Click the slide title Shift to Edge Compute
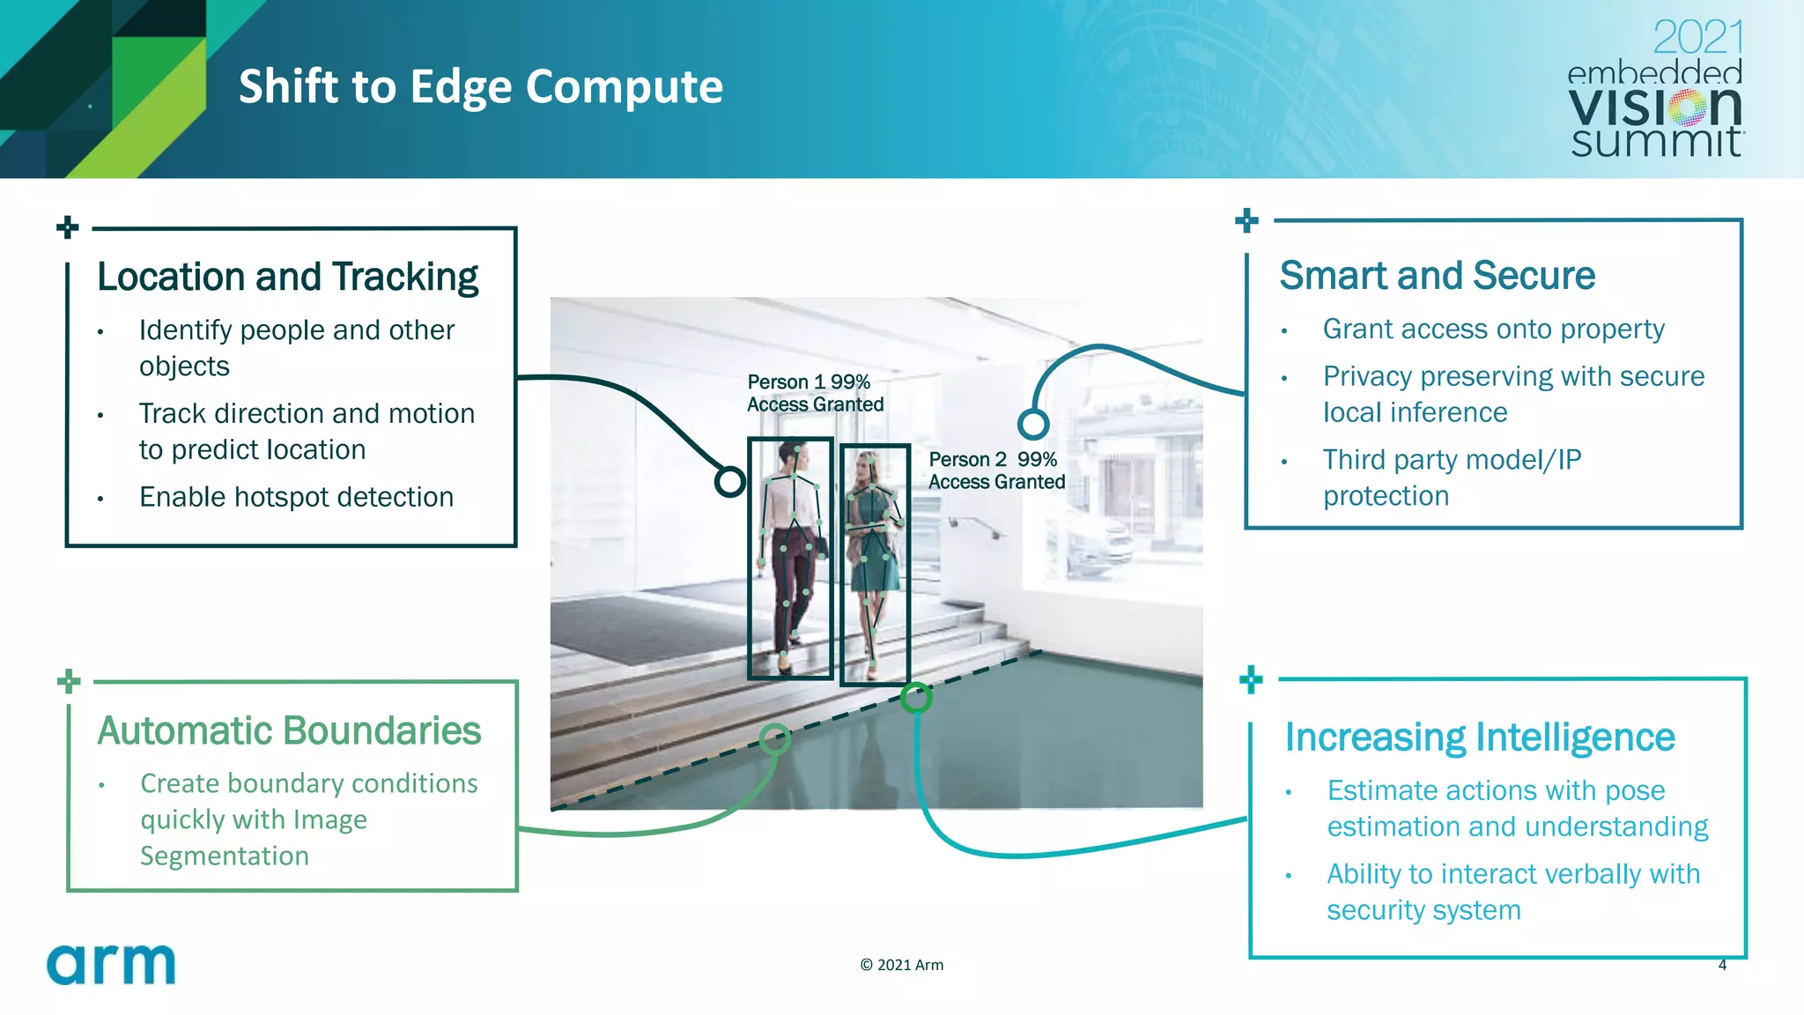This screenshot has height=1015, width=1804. [x=480, y=86]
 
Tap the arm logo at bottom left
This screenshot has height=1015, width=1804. [x=111, y=965]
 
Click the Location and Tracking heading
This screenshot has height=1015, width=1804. [x=287, y=277]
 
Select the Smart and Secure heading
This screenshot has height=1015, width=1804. [x=1437, y=276]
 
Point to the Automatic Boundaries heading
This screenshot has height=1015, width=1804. [x=289, y=730]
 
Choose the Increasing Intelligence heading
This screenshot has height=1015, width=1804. [x=1479, y=737]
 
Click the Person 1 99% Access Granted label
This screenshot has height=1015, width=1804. [x=815, y=393]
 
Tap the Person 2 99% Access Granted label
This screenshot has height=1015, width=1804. [x=996, y=470]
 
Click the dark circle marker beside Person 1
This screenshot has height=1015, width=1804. [x=729, y=481]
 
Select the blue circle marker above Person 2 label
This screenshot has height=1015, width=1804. [x=1032, y=425]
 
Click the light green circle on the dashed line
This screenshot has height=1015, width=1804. [x=774, y=738]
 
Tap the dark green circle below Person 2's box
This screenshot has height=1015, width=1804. [x=916, y=698]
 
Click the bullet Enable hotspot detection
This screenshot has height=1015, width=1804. [x=296, y=497]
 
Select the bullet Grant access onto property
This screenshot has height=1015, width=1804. [x=1493, y=329]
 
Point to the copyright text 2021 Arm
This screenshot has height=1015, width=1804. [x=901, y=965]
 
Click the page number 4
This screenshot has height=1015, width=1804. [x=1722, y=965]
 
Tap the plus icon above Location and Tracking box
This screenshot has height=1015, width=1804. [x=68, y=227]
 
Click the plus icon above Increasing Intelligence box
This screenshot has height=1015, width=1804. [x=1251, y=679]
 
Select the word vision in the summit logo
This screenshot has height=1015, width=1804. [x=1654, y=107]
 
